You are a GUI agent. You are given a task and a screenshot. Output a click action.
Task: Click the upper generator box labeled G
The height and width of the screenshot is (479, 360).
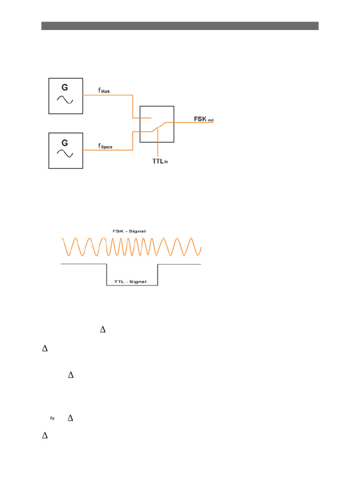coord(66,96)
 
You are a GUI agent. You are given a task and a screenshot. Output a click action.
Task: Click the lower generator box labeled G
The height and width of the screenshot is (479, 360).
coord(66,151)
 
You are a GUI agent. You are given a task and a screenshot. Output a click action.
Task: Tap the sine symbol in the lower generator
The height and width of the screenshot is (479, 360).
coord(65,154)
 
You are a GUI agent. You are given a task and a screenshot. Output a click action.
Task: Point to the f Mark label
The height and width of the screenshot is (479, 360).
coord(104,91)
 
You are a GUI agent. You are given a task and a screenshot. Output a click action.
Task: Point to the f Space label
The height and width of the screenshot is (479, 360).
coord(105,146)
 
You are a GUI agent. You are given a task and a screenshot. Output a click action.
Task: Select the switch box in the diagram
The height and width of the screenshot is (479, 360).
coord(157,124)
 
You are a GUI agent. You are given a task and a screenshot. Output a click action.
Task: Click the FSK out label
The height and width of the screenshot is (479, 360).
coord(204,119)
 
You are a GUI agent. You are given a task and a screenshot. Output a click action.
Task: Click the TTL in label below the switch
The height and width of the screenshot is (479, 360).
coord(160,162)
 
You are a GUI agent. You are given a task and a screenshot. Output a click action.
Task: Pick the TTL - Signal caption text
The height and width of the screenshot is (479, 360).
coord(130,282)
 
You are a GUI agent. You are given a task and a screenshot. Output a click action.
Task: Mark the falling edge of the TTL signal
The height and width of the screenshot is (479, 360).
coord(107,275)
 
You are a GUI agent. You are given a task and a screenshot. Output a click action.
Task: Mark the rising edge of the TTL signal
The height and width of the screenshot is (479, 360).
coord(157,275)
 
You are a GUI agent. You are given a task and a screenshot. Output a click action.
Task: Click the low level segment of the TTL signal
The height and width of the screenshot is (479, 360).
coord(132,285)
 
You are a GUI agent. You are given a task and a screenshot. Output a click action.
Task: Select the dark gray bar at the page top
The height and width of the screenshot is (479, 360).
coord(180,26)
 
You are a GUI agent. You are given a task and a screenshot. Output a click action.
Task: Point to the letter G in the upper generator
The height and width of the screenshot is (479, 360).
coord(65,87)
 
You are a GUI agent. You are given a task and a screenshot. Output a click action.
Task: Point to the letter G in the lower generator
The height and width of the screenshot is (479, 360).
coord(65,142)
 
